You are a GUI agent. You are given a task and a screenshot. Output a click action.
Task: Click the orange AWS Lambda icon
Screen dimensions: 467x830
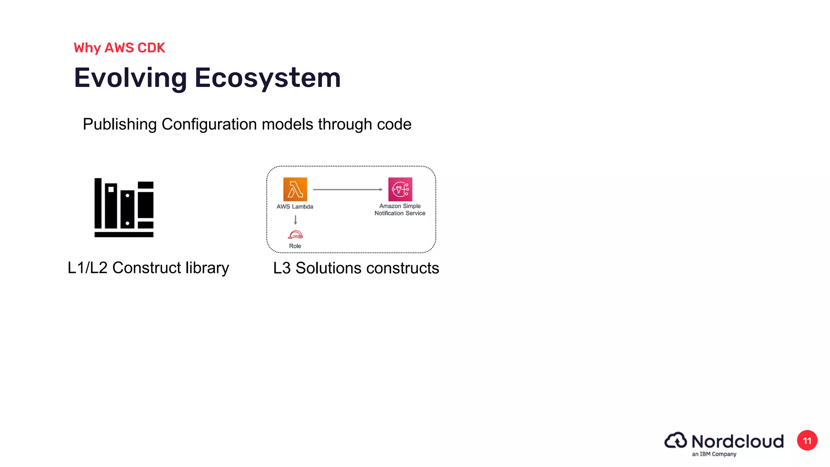pos(295,189)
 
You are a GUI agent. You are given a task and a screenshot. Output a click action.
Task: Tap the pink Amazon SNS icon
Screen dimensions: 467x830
pos(400,189)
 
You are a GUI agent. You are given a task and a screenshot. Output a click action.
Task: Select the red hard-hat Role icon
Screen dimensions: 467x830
pos(295,235)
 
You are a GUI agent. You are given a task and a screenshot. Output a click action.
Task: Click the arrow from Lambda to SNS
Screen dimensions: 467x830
pos(348,189)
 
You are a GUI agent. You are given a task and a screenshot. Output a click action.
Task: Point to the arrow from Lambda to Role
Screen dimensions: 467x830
pos(295,220)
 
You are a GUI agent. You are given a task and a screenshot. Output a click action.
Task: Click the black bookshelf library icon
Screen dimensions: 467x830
pos(124,208)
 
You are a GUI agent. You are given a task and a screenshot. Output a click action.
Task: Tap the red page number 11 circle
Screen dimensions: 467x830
pos(807,441)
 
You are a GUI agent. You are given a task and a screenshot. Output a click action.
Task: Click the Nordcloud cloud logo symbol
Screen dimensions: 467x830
pos(676,441)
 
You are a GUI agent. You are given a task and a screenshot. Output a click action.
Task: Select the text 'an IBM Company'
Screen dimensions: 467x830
pos(714,454)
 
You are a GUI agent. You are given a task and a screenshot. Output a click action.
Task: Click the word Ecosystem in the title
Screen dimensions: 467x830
pos(267,78)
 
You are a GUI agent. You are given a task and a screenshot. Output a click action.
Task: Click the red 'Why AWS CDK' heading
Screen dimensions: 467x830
pos(120,48)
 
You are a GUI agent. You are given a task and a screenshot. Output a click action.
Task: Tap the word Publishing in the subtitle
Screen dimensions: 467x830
pos(120,124)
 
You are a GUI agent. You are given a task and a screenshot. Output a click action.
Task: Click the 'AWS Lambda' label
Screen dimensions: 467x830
pos(295,207)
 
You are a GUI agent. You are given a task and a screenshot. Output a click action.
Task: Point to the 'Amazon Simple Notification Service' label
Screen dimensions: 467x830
pos(400,210)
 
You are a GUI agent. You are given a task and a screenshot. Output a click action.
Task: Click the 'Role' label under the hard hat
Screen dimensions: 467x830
pos(295,246)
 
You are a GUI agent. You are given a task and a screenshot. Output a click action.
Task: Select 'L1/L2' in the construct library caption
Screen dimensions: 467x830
pos(88,268)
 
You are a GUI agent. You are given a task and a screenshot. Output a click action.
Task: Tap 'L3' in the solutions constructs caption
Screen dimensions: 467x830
pos(282,268)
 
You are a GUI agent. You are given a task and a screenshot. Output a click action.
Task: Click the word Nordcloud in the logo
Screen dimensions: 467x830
pos(738,441)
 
